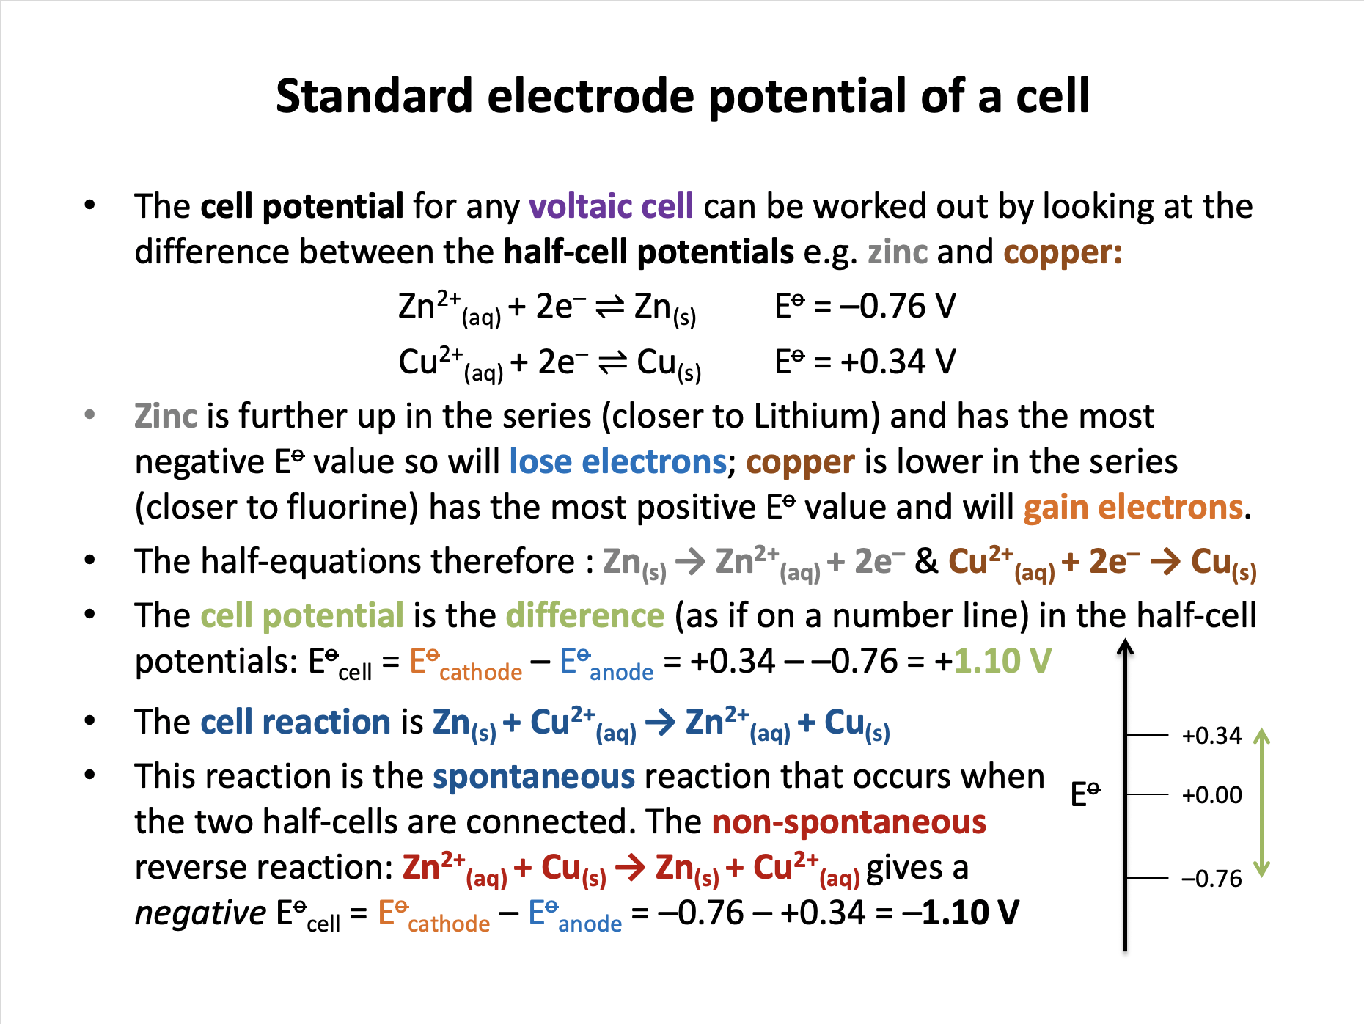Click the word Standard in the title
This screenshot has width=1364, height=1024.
click(374, 96)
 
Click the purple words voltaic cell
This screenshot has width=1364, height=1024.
click(611, 206)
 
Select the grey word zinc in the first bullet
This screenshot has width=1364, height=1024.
click(898, 252)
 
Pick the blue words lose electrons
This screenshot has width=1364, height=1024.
click(618, 461)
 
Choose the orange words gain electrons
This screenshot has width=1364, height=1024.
click(1133, 507)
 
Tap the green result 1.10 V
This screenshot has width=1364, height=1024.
click(1002, 661)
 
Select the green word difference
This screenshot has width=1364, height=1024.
click(585, 615)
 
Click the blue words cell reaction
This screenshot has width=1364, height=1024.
click(296, 722)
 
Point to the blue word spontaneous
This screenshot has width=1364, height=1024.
click(534, 777)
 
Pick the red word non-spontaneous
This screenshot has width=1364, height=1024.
click(849, 822)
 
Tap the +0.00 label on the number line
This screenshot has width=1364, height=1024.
click(1211, 795)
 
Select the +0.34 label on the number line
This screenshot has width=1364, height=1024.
click(1211, 736)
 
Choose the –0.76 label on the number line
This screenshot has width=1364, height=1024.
click(1211, 879)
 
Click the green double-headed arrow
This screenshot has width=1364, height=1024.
click(1261, 802)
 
